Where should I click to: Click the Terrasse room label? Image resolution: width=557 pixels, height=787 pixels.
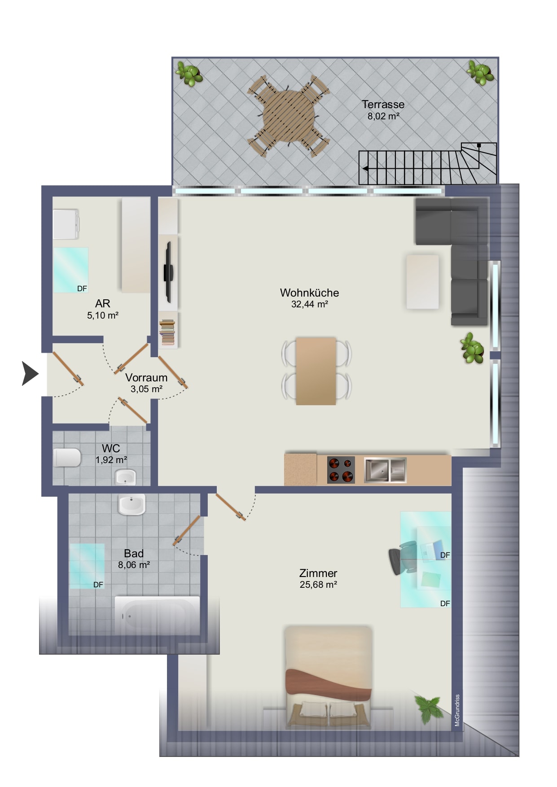(383, 105)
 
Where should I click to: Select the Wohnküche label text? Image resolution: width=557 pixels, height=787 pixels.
(309, 293)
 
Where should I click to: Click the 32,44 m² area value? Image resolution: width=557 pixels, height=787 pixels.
(309, 304)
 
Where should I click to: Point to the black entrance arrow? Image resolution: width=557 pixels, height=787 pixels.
(30, 373)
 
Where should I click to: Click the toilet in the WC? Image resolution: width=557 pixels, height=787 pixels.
(67, 458)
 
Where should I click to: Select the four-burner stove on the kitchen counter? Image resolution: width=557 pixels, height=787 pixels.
(341, 470)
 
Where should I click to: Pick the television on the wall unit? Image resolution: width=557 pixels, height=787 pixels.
(169, 272)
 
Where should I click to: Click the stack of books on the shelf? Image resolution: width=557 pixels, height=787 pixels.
(167, 332)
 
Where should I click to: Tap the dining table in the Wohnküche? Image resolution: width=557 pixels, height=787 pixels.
(316, 371)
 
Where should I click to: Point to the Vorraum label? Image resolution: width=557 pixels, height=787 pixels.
(146, 378)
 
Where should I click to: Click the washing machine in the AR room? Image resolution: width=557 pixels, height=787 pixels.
(66, 224)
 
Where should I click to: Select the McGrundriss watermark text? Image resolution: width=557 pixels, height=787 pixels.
(457, 710)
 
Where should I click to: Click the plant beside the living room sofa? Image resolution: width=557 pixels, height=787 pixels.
(472, 348)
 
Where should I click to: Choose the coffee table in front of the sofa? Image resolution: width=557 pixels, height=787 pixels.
(422, 282)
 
